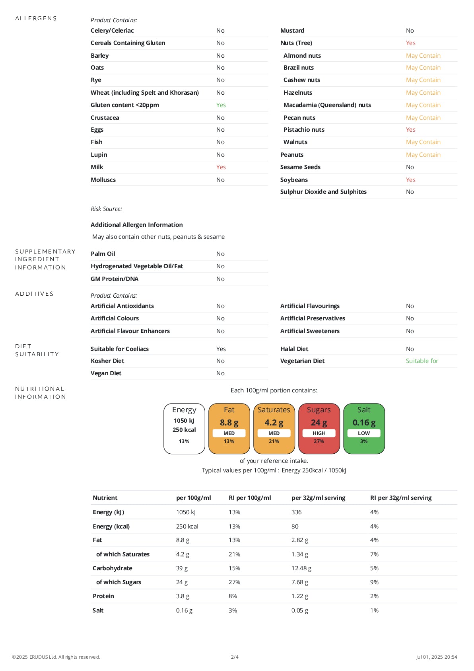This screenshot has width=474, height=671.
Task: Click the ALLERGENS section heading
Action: (x=36, y=18)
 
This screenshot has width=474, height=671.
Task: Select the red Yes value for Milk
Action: (x=221, y=167)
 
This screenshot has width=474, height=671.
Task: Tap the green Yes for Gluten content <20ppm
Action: (x=221, y=105)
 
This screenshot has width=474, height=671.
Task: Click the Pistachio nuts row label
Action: (x=304, y=130)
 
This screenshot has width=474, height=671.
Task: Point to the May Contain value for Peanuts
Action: (x=423, y=155)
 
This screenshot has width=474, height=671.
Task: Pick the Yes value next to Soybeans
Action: (x=410, y=180)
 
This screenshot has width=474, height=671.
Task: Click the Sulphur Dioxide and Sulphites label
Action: (x=323, y=192)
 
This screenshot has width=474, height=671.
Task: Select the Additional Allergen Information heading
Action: (x=136, y=225)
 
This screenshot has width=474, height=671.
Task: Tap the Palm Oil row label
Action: (x=103, y=254)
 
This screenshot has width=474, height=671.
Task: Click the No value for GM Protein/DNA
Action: (x=220, y=279)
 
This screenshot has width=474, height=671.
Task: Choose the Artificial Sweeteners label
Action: (x=310, y=331)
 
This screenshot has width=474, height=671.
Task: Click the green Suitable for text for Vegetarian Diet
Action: (x=422, y=361)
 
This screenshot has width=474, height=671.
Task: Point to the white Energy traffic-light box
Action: (x=184, y=429)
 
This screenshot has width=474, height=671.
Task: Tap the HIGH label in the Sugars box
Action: (x=319, y=433)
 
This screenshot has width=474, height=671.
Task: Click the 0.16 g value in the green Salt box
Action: (x=364, y=423)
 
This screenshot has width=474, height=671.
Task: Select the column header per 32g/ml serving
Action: (x=318, y=498)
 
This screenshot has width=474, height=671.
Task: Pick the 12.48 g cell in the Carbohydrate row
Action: (x=301, y=568)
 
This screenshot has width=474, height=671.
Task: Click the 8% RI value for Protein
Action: (x=233, y=596)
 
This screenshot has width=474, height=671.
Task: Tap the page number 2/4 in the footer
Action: (x=235, y=657)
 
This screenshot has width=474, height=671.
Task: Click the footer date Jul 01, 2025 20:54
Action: (x=436, y=657)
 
